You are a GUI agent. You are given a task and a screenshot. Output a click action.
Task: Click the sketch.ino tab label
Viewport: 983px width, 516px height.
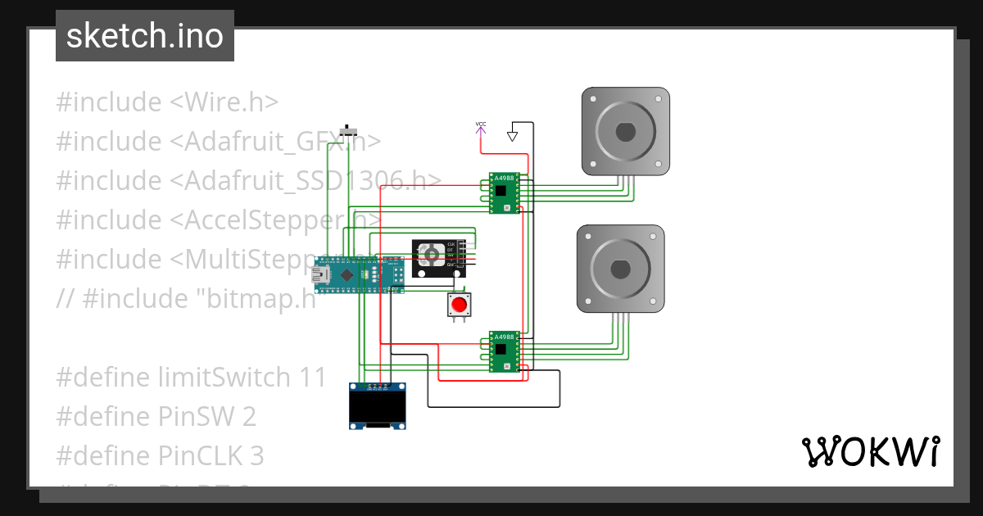pos(144,36)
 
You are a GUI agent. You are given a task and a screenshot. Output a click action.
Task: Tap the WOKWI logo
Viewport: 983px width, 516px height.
pos(870,451)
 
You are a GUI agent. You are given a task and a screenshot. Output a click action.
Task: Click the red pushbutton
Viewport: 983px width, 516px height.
pos(459,306)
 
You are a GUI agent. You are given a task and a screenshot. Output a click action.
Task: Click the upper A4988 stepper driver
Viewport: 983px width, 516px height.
pos(504,193)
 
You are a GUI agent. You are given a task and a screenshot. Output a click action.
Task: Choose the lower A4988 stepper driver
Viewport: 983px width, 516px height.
pos(504,351)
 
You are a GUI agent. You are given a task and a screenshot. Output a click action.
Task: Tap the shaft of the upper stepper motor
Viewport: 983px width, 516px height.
pos(626,131)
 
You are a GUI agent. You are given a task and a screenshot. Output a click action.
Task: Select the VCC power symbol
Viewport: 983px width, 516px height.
pos(481,126)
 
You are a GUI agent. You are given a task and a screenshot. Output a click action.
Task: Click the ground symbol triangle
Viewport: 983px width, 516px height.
pos(513,135)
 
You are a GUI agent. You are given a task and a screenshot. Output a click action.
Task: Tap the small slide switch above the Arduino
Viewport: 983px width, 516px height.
pos(350,131)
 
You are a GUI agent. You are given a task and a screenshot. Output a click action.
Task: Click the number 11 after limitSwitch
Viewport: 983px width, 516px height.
pos(312,378)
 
